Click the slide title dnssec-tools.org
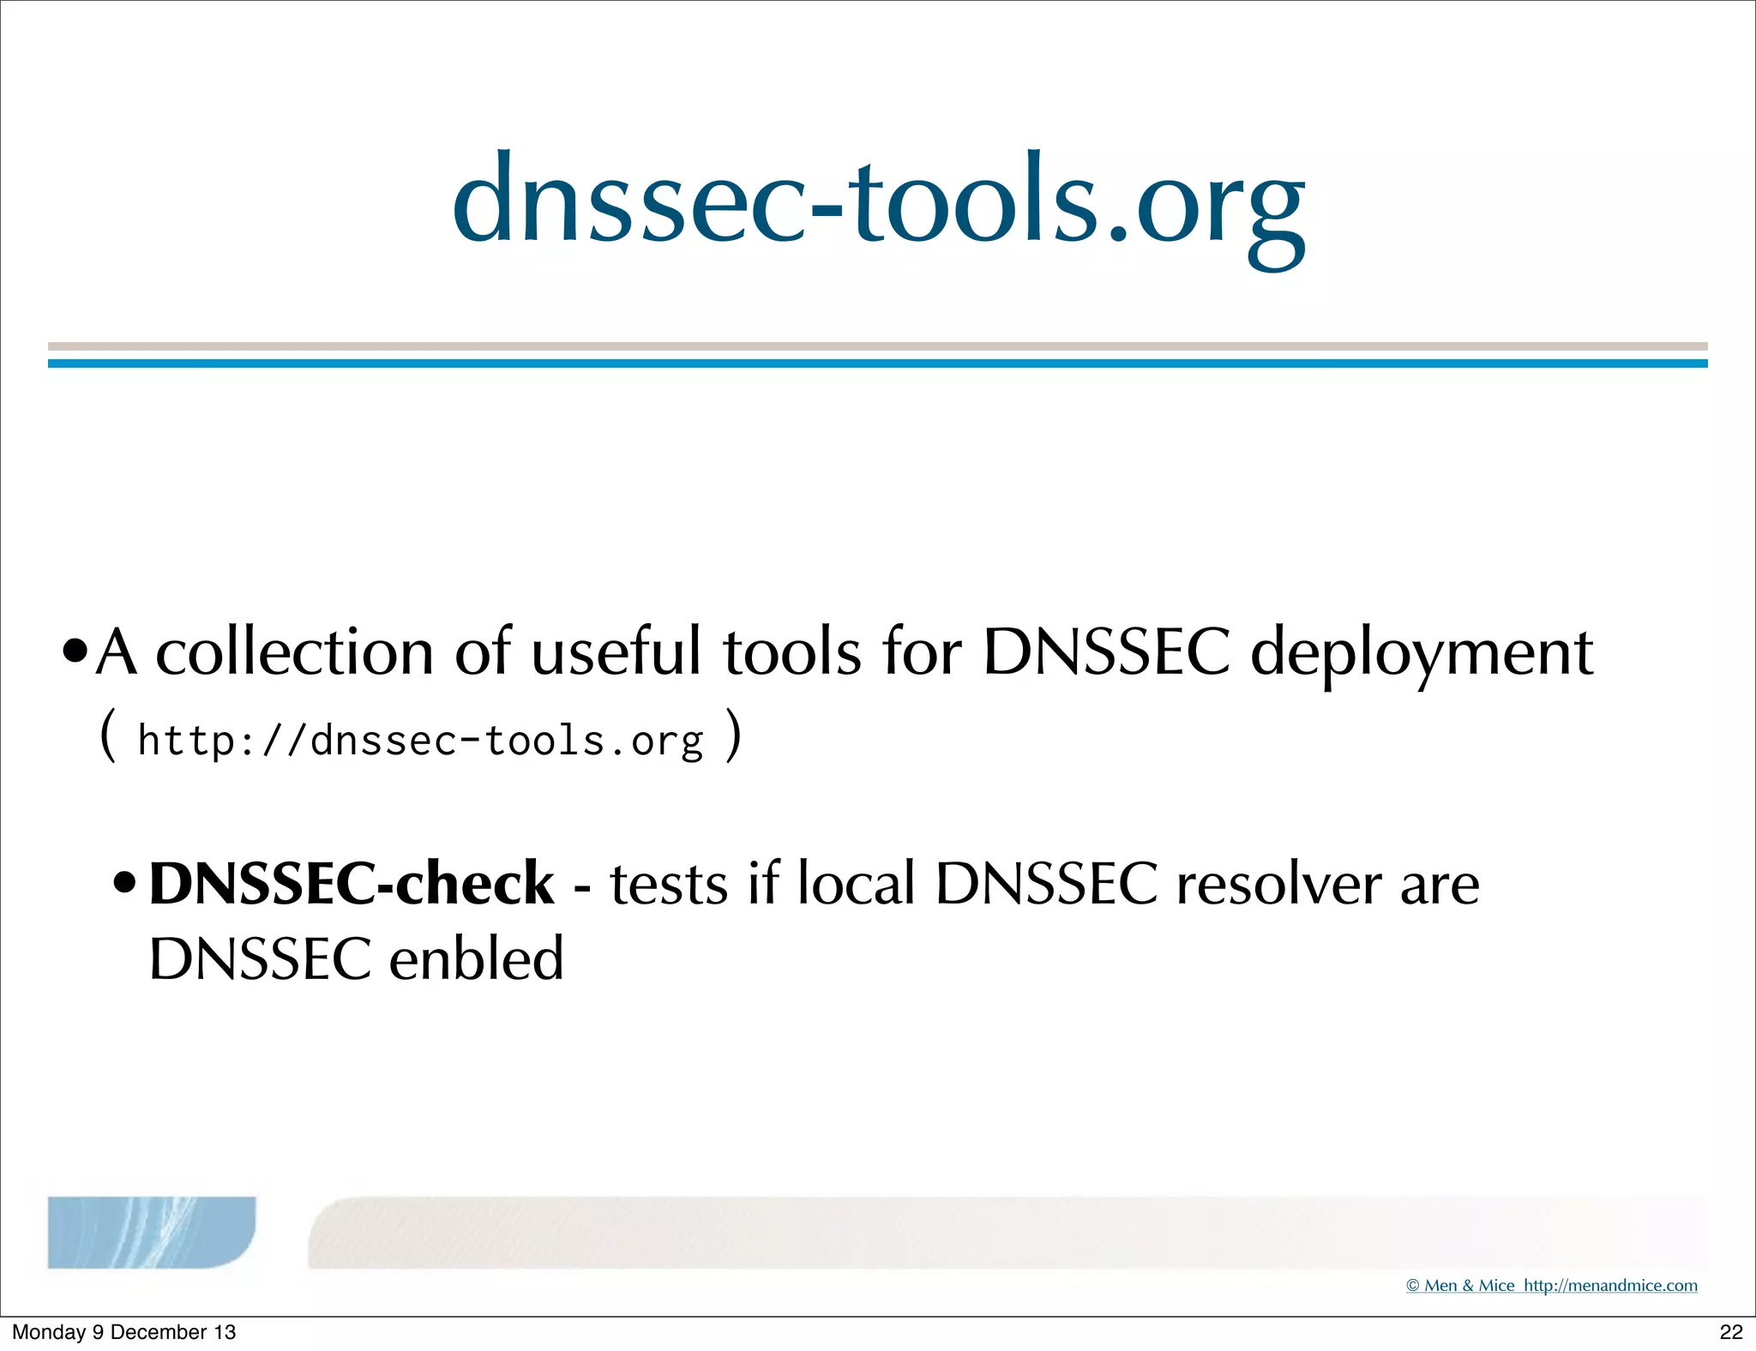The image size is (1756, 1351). [x=878, y=203]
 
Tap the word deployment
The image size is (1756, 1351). [x=1422, y=653]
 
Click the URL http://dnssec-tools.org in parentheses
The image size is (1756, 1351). [x=420, y=741]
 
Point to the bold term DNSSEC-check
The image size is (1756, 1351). [x=352, y=884]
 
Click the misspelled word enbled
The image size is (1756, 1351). [x=476, y=959]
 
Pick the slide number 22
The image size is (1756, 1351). [x=1731, y=1332]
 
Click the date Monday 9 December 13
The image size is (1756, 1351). [x=123, y=1332]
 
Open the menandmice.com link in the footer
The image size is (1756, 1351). [x=1610, y=1286]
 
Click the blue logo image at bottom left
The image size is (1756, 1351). [x=151, y=1232]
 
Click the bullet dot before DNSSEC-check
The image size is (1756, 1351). [x=125, y=883]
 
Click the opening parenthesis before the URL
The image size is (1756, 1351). [x=107, y=736]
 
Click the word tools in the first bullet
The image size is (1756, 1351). [x=791, y=653]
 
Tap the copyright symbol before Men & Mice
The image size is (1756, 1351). [x=1413, y=1286]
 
